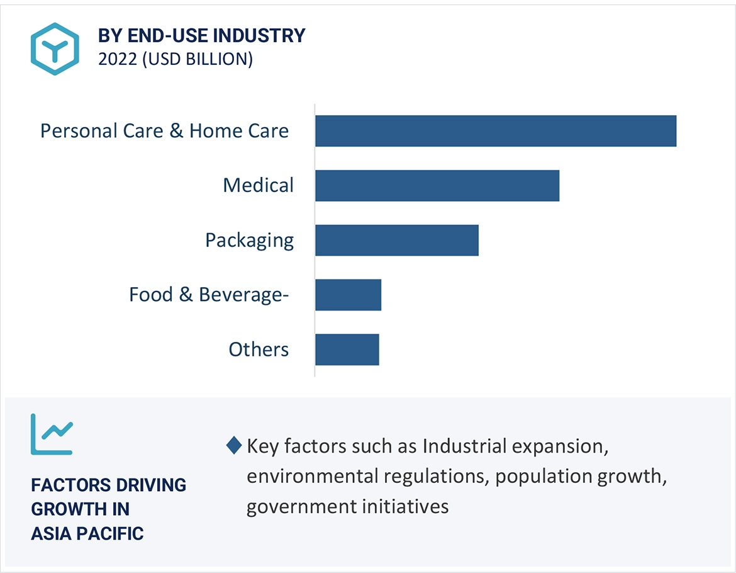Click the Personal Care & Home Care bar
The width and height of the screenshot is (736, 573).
pos(496,131)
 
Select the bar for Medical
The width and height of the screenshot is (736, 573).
pos(437,186)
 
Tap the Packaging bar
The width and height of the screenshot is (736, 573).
pos(397,241)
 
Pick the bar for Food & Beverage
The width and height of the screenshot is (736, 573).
pos(348,295)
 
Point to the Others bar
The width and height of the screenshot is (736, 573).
pos(347,349)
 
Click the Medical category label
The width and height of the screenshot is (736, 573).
pos(259,186)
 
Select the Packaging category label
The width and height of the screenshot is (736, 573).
pos(250,241)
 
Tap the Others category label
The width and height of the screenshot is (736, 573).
pos(259,349)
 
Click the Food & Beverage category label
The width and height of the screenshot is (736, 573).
pos(209,295)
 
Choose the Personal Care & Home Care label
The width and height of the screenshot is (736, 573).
pos(165,131)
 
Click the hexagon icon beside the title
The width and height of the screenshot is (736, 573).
pos(55,49)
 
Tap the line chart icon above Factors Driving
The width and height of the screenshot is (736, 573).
pos(52,434)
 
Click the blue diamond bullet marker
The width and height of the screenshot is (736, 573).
pos(233,446)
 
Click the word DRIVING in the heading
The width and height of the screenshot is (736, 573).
pos(150,485)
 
